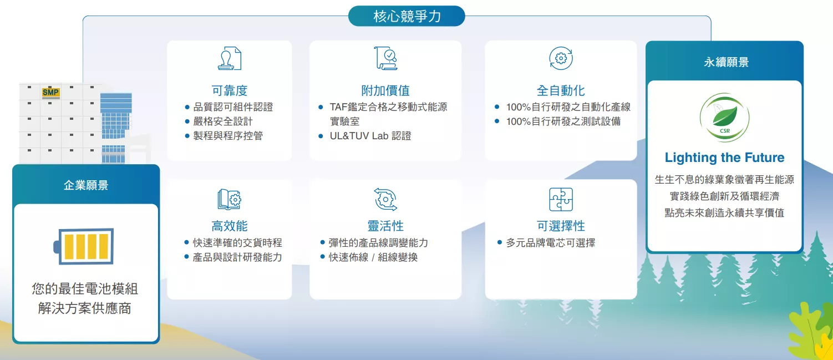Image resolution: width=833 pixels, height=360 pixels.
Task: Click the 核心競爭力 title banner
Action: (x=407, y=16)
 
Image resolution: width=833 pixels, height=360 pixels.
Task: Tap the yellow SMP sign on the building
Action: (x=50, y=92)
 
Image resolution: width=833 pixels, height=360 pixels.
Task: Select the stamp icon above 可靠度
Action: (x=230, y=58)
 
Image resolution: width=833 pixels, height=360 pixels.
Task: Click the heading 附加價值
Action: (x=385, y=90)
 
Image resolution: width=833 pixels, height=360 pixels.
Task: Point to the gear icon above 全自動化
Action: (x=561, y=58)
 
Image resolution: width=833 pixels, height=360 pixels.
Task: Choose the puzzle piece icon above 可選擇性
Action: (x=561, y=199)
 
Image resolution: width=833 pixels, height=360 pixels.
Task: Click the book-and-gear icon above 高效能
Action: (x=230, y=199)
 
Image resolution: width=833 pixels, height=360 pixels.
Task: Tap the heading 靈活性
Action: (x=385, y=226)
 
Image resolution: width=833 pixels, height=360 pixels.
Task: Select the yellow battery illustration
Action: (x=83, y=246)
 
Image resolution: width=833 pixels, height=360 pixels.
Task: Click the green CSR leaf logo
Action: (x=724, y=117)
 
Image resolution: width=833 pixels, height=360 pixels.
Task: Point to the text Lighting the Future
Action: (x=724, y=158)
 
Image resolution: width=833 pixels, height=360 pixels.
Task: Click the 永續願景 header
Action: (x=726, y=62)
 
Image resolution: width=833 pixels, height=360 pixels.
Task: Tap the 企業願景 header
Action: (x=86, y=185)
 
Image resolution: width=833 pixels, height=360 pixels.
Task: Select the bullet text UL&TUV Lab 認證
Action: (x=370, y=136)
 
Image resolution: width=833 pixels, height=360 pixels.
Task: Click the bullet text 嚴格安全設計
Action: (x=223, y=121)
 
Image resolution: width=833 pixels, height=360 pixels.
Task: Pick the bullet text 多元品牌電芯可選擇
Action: (x=550, y=243)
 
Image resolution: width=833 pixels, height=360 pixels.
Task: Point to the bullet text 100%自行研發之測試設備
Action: (x=563, y=121)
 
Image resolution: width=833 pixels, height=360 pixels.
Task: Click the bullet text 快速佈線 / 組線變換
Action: (x=373, y=257)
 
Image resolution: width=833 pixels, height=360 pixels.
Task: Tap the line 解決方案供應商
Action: (x=85, y=308)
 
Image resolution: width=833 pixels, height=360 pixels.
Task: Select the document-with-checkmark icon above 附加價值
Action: (x=385, y=58)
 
